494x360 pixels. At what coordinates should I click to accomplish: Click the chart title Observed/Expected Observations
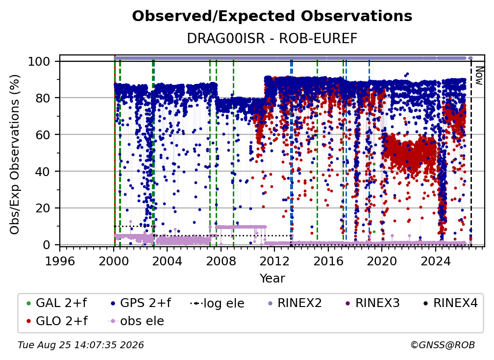click(x=272, y=16)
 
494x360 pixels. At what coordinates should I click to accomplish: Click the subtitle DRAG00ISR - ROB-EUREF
click(x=272, y=39)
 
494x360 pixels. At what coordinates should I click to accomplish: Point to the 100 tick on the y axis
click(x=44, y=61)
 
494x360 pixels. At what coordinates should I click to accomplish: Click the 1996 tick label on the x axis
click(x=60, y=261)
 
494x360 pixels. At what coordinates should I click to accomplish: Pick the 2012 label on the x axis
click(x=274, y=261)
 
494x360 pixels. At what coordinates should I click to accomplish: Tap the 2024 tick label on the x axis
click(x=435, y=261)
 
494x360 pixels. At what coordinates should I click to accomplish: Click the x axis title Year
click(x=272, y=279)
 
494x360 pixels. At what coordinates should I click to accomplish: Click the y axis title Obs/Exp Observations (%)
click(x=15, y=154)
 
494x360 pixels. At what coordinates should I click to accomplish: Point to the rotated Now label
click(x=479, y=76)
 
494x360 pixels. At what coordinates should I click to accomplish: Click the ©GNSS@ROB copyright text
click(x=443, y=345)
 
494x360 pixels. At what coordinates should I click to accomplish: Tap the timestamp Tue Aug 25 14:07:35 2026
click(x=81, y=345)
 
